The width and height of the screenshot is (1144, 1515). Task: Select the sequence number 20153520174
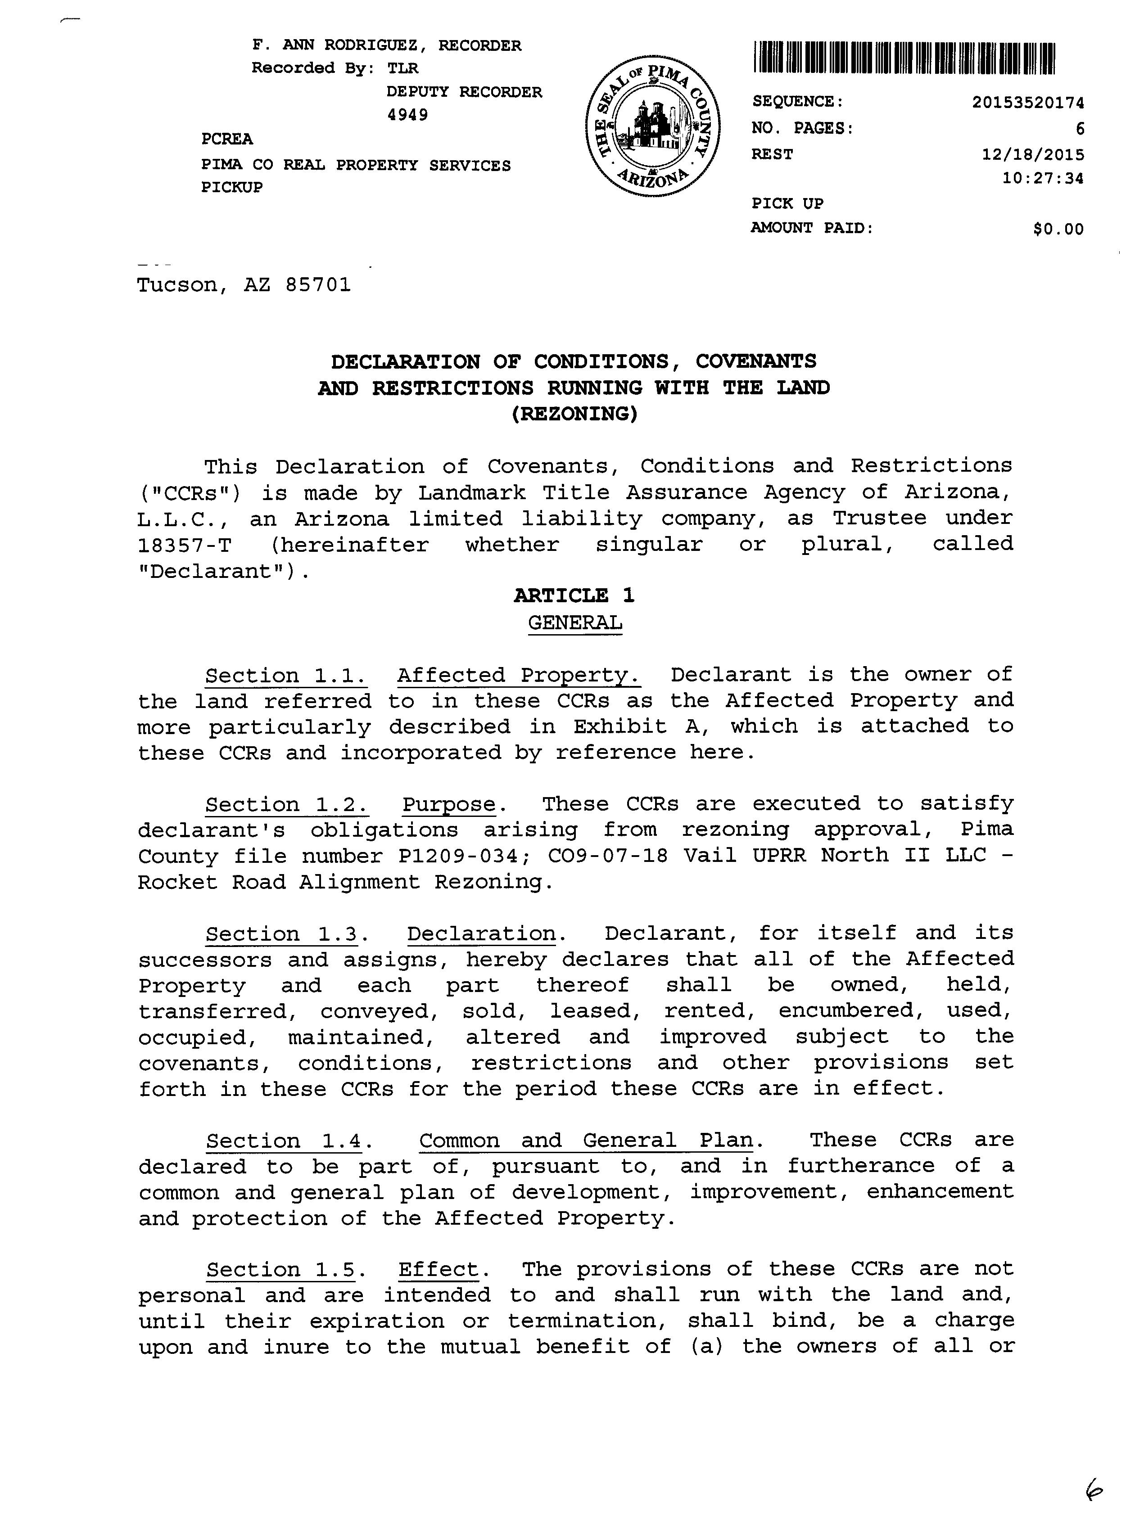click(1027, 103)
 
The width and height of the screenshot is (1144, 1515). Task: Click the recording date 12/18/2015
click(1033, 154)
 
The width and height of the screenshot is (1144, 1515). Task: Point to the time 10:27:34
click(1043, 179)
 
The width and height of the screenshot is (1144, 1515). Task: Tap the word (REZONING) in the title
click(574, 415)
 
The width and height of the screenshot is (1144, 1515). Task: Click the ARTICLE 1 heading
click(574, 595)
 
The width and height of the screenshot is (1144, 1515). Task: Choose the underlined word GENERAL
click(575, 622)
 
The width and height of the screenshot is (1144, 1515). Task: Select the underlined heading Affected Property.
click(519, 675)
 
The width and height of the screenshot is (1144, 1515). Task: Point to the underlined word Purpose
click(449, 804)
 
